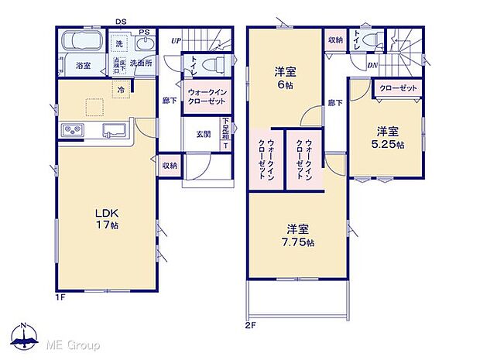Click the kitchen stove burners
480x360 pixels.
[72, 129]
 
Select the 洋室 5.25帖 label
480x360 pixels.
[390, 137]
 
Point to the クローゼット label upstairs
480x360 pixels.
[399, 88]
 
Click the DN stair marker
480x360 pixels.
[372, 66]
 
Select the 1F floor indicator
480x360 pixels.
[60, 297]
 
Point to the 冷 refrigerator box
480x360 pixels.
[121, 91]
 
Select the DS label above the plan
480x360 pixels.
[120, 22]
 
